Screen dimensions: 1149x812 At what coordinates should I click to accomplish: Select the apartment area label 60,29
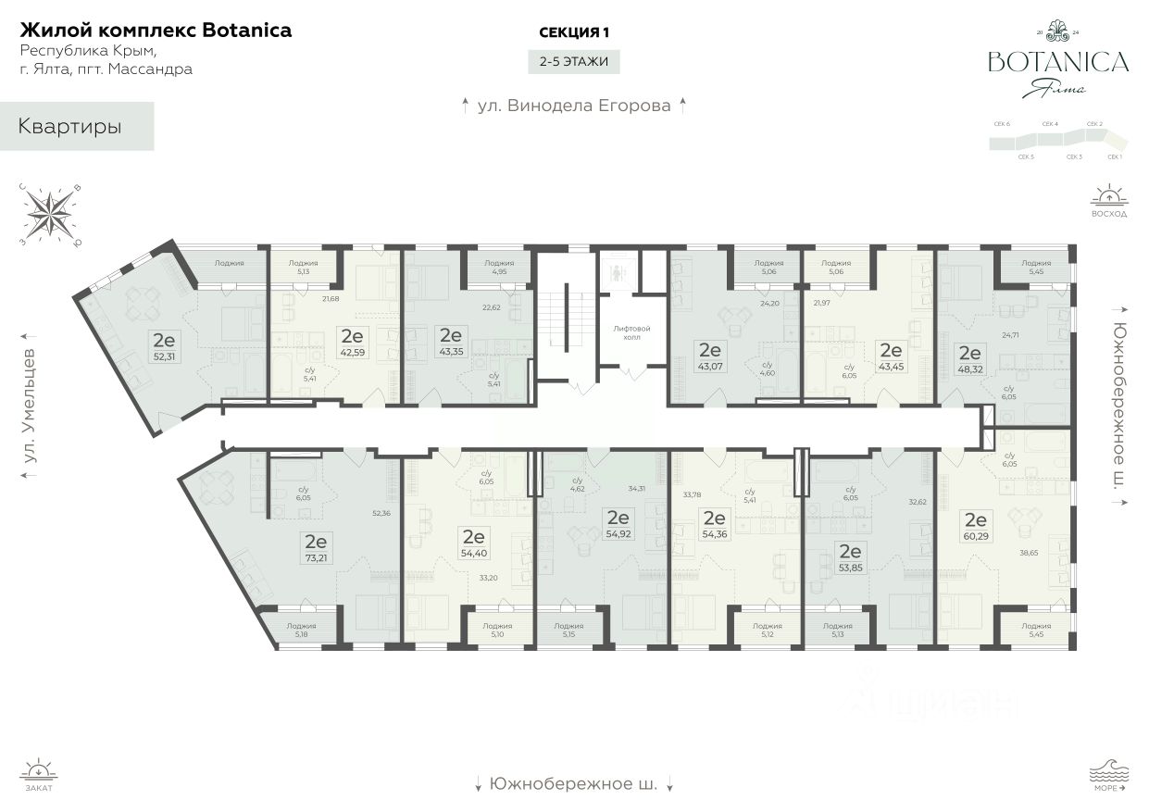tap(975, 534)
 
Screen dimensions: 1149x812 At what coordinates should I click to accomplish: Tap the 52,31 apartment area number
tap(164, 355)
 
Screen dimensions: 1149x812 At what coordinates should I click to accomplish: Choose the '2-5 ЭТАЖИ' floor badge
tap(574, 62)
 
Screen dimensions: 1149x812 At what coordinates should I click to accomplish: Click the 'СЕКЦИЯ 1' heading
tap(574, 32)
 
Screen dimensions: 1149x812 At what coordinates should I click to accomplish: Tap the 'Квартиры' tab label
tap(70, 127)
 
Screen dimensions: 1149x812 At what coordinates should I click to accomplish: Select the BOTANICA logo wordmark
tap(1058, 62)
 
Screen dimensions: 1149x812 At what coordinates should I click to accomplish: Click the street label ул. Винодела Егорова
tap(573, 106)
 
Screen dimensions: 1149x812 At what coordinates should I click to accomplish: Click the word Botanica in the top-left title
tap(244, 30)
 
